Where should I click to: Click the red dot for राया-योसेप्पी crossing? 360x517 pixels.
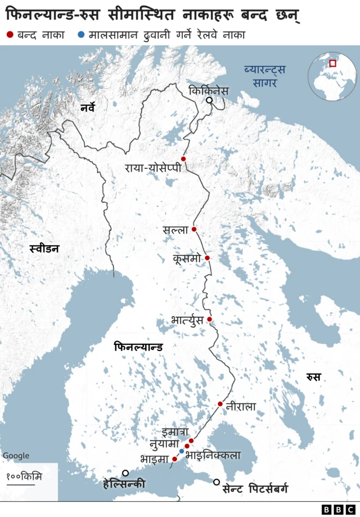[x=183, y=159]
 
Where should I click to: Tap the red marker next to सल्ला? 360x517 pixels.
[x=194, y=229]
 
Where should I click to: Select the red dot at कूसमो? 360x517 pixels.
[x=207, y=258]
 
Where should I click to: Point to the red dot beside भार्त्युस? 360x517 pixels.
[x=209, y=319]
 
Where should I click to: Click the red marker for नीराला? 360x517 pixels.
[x=220, y=404]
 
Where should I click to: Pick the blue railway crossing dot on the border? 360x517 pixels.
[x=182, y=451]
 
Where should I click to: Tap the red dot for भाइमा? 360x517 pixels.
[x=174, y=459]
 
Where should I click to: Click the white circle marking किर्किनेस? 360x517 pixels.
[x=209, y=100]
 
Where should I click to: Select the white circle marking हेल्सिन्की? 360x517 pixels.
[x=125, y=473]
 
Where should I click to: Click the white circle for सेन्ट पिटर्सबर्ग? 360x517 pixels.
[x=217, y=482]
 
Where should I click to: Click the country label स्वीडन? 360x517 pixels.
[x=44, y=248]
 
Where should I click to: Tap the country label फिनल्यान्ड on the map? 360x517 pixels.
[x=138, y=347]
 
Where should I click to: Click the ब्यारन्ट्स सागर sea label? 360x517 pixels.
[x=264, y=75]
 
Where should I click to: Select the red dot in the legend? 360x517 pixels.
[x=10, y=35]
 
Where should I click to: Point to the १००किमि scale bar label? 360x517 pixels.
[x=24, y=476]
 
